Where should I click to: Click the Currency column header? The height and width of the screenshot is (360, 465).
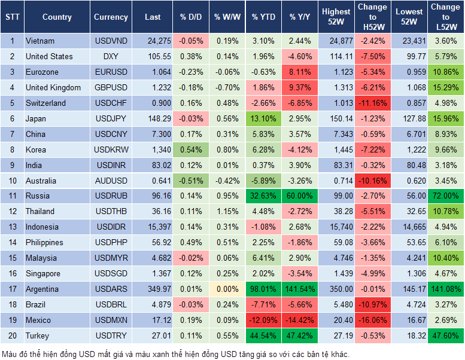[111, 17]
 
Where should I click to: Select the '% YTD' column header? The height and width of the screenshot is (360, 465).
[263, 17]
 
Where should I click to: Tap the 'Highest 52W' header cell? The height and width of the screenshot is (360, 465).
[336, 17]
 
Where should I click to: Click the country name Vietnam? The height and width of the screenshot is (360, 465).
[40, 41]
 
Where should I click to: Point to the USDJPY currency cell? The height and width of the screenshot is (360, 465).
[111, 118]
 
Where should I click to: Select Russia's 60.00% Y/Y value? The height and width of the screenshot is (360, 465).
[300, 196]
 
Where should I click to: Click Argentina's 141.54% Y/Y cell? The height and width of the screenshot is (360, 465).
[300, 289]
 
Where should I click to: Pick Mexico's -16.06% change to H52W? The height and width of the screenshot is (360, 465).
[372, 320]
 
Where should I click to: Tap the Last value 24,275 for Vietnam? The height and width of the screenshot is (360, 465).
[153, 41]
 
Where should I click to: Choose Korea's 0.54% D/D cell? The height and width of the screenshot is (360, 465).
[190, 150]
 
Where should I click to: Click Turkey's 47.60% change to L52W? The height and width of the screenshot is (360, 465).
[445, 335]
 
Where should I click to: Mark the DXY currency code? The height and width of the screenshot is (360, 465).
[111, 56]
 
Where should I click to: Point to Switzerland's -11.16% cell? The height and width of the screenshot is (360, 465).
[372, 103]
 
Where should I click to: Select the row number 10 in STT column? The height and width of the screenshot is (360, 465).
[11, 180]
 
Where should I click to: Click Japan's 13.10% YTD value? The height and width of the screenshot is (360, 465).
[263, 118]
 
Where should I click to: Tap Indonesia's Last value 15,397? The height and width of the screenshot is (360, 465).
[153, 227]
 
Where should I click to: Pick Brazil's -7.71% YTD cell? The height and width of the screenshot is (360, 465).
[263, 304]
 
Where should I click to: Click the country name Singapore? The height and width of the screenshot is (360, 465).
[43, 273]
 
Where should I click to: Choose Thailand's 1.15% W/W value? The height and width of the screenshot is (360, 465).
[226, 211]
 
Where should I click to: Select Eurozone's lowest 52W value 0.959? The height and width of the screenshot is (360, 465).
[410, 72]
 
